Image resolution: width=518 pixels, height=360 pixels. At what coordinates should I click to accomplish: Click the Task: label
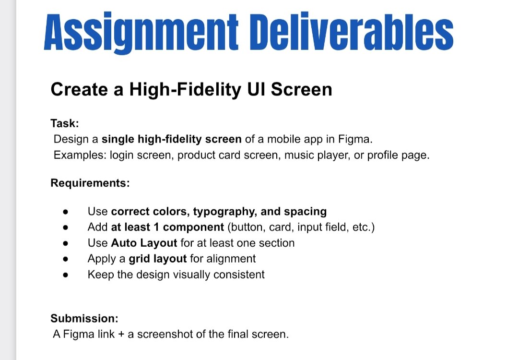pos(65,123)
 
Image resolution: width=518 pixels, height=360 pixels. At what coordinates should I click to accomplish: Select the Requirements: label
pos(90,183)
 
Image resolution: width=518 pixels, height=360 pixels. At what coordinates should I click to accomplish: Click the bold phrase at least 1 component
pos(167,227)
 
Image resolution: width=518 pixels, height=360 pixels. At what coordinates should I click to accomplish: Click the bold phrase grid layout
pos(158,259)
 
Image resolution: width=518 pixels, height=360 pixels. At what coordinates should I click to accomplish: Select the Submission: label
pos(84,318)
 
